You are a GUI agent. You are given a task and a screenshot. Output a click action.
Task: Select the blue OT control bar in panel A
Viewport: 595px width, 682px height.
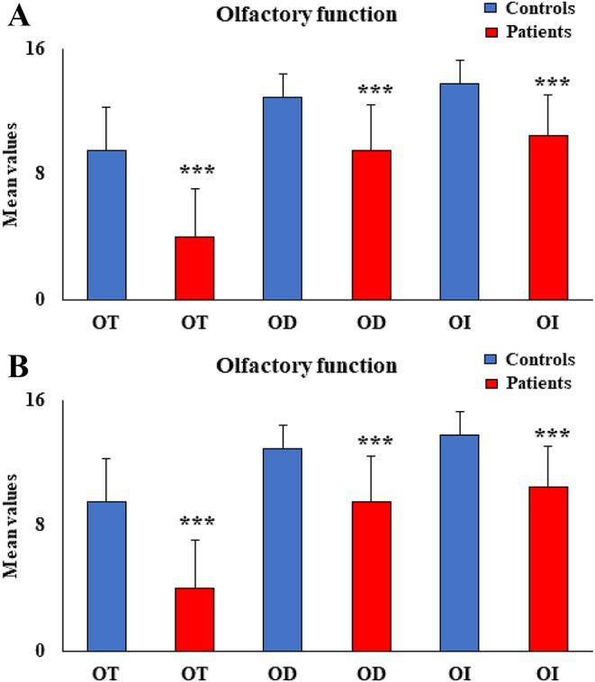[106, 225]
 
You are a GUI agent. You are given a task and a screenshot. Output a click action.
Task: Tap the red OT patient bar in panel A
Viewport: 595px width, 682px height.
[194, 268]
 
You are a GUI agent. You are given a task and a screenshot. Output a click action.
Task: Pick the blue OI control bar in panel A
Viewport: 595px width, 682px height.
[459, 192]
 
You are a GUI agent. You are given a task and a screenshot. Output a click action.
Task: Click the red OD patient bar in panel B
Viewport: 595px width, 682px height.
[371, 576]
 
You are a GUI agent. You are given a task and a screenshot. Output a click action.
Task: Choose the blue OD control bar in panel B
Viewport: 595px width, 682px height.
[283, 550]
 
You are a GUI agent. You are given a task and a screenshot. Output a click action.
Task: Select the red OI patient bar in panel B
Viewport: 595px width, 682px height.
[547, 569]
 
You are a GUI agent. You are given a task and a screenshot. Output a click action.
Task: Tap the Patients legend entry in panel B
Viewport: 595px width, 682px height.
[539, 383]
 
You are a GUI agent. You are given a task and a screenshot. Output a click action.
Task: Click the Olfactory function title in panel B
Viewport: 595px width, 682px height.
[306, 366]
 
